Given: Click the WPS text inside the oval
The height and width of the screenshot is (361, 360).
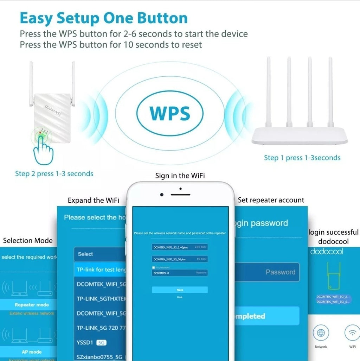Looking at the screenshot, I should [170, 113].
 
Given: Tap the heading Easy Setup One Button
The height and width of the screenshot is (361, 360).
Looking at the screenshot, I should [104, 18].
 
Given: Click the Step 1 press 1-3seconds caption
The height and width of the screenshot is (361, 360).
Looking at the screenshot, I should [302, 158].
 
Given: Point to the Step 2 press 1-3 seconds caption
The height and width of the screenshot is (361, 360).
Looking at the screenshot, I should [54, 174].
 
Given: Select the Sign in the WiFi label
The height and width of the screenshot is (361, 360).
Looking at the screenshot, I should [180, 176].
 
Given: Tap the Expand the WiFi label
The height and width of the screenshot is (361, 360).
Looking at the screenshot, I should [93, 201].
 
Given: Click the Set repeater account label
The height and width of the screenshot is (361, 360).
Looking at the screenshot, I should [271, 200].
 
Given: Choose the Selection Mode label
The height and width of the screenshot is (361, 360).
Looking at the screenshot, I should [28, 241].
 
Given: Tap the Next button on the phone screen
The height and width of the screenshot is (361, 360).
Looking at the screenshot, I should [180, 290].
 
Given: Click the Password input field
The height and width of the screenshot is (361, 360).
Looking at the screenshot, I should [267, 272].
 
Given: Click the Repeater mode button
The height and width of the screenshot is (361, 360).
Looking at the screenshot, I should [32, 305].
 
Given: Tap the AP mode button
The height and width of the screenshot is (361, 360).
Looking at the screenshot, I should [32, 352].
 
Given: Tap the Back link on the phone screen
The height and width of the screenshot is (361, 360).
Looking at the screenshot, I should [180, 297].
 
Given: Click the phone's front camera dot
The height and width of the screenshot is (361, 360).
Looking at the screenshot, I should [161, 195].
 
